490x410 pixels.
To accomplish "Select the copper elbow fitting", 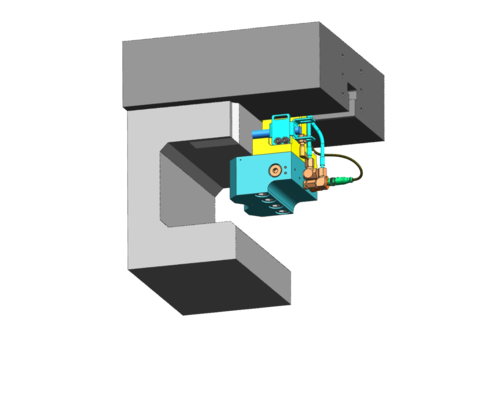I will (x=318, y=177).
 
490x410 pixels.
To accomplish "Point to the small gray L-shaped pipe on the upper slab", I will (x=350, y=100).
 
